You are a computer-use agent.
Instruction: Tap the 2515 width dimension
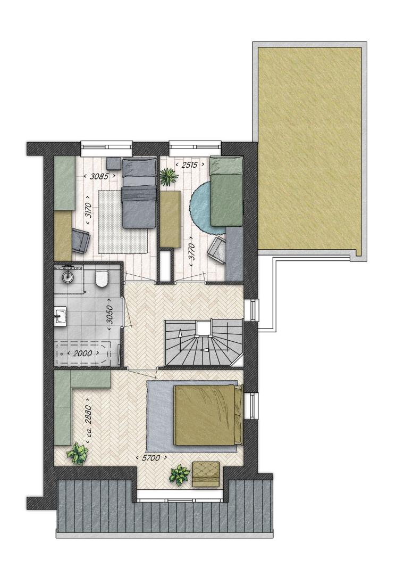point(190,165)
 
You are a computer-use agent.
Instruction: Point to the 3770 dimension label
point(191,251)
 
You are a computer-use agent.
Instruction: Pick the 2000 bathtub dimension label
point(82,354)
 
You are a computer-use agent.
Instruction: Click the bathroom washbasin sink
point(61,316)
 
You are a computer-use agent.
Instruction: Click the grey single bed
point(139,193)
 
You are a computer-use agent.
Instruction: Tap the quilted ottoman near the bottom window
point(206,474)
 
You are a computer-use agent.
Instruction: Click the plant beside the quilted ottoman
point(179,474)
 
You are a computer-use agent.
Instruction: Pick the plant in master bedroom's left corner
point(77,453)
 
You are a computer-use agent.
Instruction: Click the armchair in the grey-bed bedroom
point(80,240)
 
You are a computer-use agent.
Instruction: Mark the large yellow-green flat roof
point(309,151)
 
